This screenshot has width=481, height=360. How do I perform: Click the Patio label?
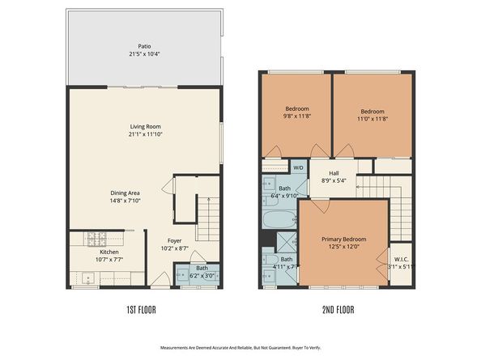point(144,47)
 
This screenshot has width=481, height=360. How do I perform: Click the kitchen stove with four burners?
point(96,239)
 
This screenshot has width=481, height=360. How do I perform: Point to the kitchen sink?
point(88,278)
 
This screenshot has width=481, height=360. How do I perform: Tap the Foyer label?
point(174,240)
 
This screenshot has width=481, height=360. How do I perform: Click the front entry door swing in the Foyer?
point(161,280)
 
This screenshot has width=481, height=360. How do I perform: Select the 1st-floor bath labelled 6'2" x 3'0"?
point(202,272)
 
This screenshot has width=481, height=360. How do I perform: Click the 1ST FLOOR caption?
point(141,311)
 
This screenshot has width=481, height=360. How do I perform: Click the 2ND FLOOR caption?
point(338,311)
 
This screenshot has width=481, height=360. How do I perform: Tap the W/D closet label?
point(298,167)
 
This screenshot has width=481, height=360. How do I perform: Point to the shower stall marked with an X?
point(286,242)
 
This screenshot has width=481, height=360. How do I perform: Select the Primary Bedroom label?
point(343,239)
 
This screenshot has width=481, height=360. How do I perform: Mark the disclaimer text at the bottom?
point(240,347)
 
